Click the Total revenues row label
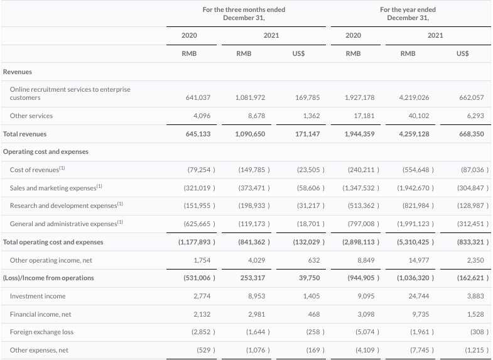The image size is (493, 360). (x=25, y=134)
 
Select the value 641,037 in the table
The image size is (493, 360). (x=198, y=97)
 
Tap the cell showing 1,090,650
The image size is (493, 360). (x=250, y=134)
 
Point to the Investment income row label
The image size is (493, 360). (x=38, y=296)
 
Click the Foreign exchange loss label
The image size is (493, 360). (x=41, y=332)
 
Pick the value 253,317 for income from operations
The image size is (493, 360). (x=253, y=278)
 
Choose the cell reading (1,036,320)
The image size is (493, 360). (x=415, y=278)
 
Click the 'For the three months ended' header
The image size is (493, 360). (x=244, y=10)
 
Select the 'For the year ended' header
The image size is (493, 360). (x=408, y=10)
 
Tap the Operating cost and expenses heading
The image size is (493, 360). (x=46, y=151)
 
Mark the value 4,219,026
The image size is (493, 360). (x=414, y=97)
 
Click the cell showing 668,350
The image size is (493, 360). (x=472, y=134)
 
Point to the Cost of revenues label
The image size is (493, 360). (x=38, y=170)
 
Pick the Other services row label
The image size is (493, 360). (x=31, y=116)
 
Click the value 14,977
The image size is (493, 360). (x=419, y=260)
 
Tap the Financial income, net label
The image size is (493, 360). (x=41, y=314)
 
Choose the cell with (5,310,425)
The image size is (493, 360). (x=415, y=242)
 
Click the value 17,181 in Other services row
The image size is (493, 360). (x=364, y=116)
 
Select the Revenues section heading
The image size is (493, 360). (x=18, y=72)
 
